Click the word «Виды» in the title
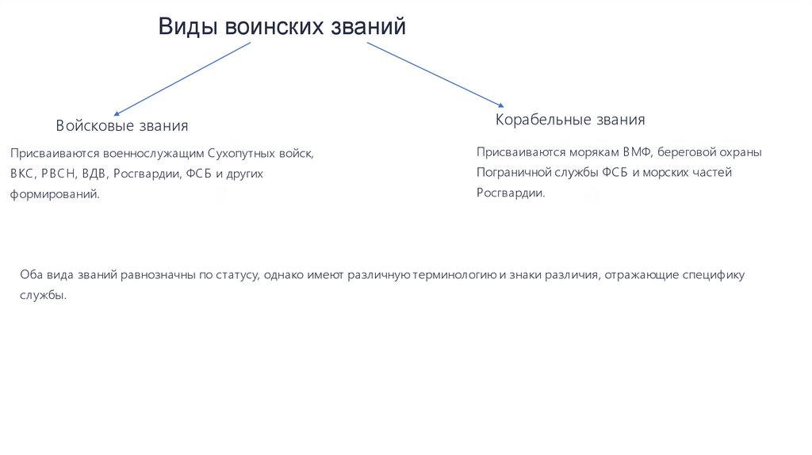point(187,27)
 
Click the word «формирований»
point(55,193)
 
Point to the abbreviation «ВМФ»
point(637,152)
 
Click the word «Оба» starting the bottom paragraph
point(30,275)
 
